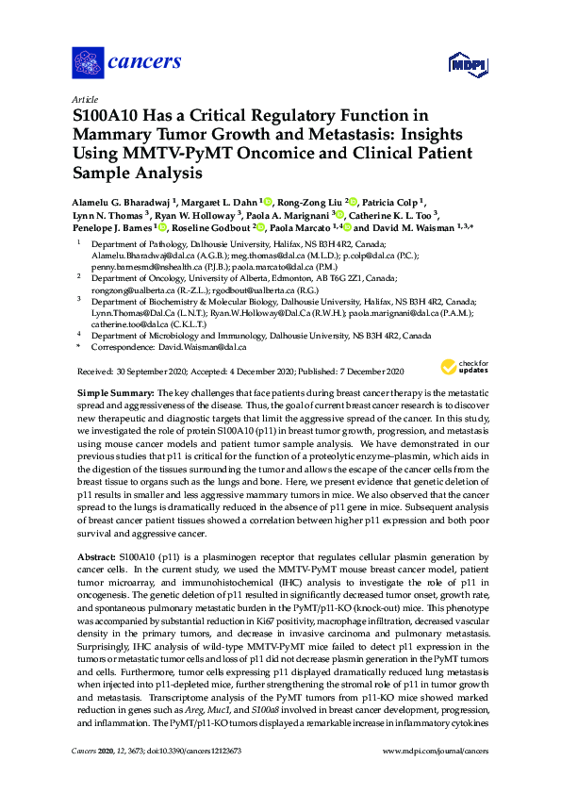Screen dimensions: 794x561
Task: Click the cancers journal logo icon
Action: pos(88,64)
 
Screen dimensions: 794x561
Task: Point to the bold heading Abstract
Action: pos(94,557)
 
